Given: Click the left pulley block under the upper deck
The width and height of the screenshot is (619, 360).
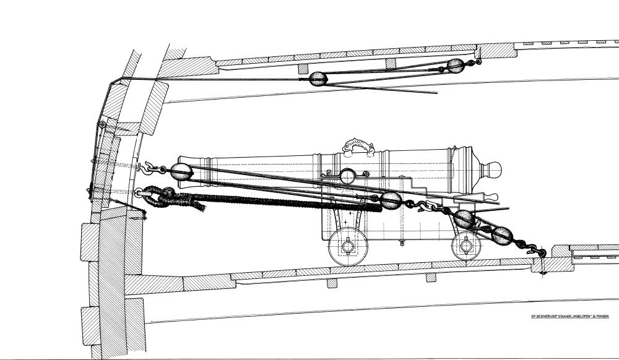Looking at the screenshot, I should (318, 78).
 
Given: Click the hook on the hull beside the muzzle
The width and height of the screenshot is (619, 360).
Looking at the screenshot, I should (147, 166).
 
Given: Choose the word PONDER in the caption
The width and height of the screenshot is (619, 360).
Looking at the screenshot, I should (600, 316).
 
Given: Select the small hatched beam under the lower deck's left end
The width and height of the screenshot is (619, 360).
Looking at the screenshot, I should (332, 283).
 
